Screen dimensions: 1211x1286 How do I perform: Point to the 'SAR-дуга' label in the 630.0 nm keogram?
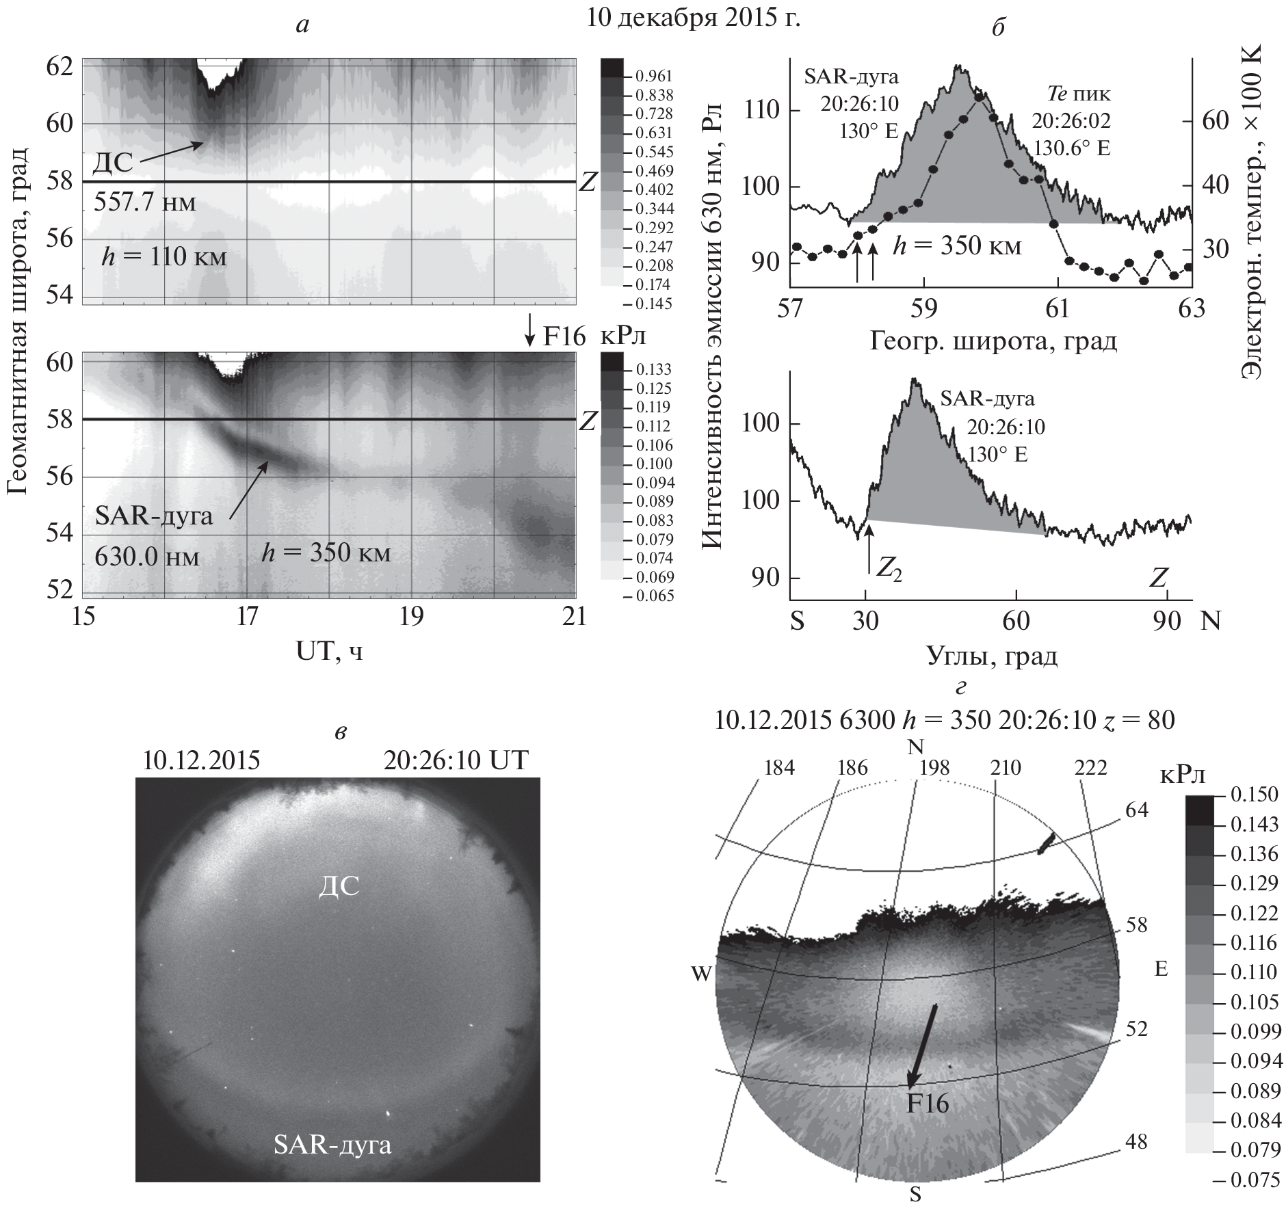tap(154, 515)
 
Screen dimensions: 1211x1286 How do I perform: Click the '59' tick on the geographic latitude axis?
tap(924, 308)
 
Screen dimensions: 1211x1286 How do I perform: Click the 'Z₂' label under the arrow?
tap(889, 572)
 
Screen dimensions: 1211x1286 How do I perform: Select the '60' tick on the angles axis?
tap(1016, 622)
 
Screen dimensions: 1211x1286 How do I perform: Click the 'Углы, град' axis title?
tap(992, 655)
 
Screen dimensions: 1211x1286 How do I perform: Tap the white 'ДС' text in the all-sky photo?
tap(339, 886)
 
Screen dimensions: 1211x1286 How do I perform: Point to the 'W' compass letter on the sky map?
tap(702, 974)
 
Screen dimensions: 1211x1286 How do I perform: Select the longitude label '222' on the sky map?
tap(1090, 768)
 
